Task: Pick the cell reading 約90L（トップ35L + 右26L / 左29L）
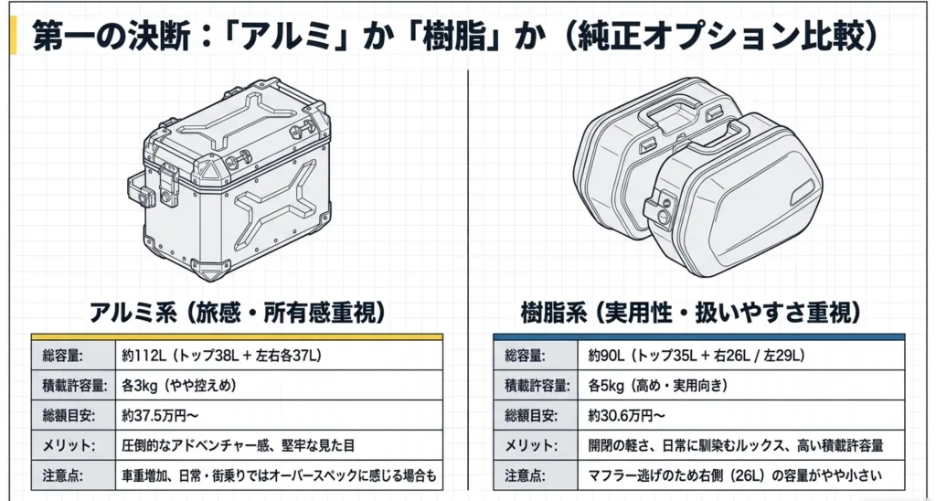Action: point(696,356)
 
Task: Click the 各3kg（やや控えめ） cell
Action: point(179,385)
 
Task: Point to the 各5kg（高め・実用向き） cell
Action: point(658,385)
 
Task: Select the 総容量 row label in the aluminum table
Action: point(63,356)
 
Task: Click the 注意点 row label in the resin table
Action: point(526,476)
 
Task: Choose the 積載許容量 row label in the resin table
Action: point(537,386)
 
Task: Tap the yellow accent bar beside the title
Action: point(14,36)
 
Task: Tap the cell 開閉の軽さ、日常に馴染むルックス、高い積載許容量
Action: point(736,445)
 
